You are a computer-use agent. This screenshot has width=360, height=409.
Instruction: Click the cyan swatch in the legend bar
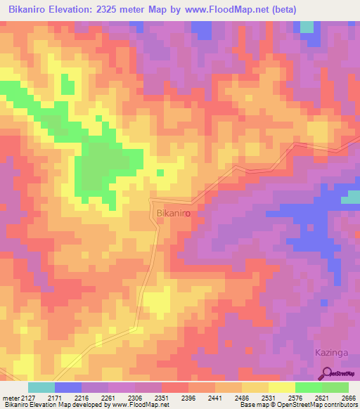click(x=41, y=387)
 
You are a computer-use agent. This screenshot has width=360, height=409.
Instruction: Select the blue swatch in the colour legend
click(x=68, y=387)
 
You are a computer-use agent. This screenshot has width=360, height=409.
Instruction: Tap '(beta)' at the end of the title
click(x=281, y=10)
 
